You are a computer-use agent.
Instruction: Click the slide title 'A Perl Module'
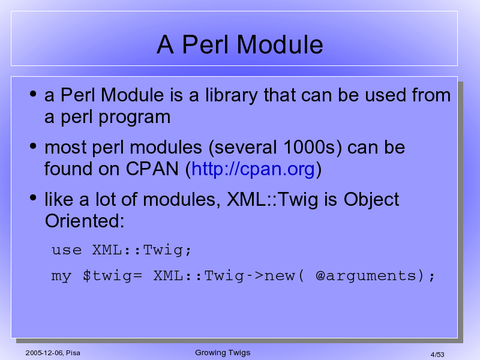[x=239, y=44]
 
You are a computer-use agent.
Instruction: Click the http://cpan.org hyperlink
[x=253, y=169]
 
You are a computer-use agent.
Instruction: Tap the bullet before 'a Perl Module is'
[x=33, y=94]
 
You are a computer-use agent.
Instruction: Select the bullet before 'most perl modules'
[x=33, y=146]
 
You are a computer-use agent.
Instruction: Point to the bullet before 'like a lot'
[x=33, y=198]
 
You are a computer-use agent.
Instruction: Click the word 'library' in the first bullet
[x=232, y=95]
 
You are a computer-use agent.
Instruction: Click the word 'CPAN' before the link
[x=152, y=169]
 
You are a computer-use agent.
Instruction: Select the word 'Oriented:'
[x=85, y=221]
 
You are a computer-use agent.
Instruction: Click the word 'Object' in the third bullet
[x=371, y=200]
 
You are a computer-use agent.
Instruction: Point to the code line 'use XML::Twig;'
[x=121, y=250]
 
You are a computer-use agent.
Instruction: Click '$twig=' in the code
[x=112, y=276]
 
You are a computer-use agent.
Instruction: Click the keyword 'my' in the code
[x=61, y=277]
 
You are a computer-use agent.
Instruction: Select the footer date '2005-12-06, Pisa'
[x=53, y=353]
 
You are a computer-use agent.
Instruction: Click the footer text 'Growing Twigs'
[x=223, y=353]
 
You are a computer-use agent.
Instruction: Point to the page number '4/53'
[x=437, y=355]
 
